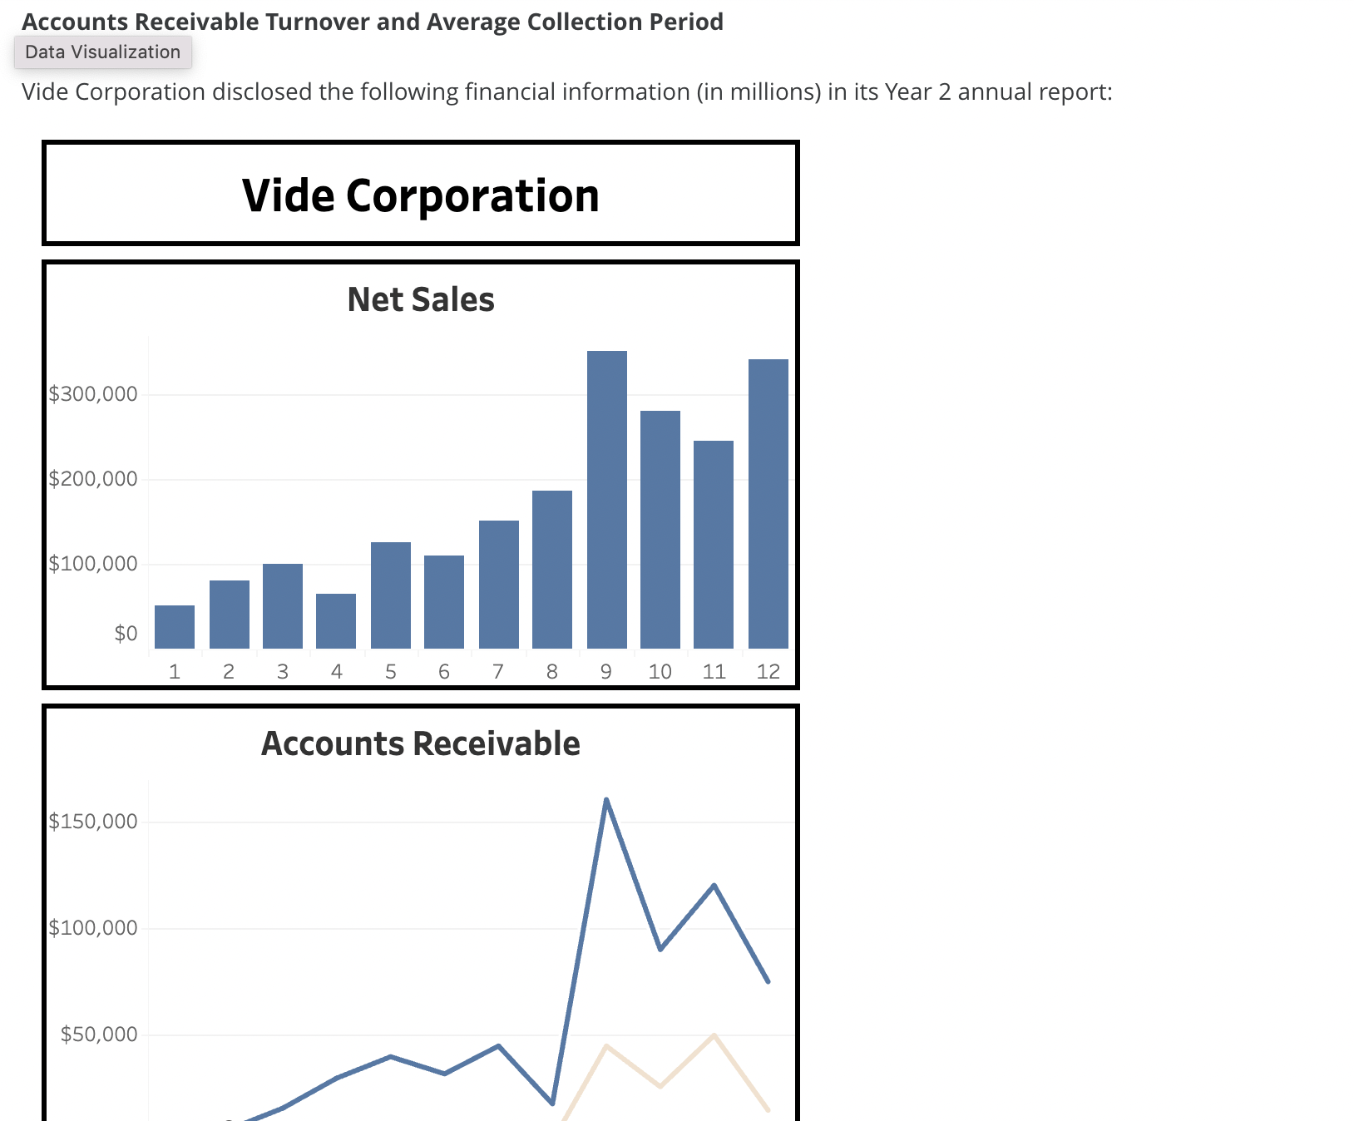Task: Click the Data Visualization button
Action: point(102,52)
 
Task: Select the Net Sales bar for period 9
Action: point(606,499)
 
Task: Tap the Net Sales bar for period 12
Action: point(768,503)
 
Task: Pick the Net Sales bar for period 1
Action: point(175,627)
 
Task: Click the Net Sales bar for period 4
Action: point(336,621)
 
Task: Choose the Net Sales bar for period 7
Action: point(498,585)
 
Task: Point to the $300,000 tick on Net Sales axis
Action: point(93,394)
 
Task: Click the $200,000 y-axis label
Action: point(93,479)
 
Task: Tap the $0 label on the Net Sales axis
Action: point(126,634)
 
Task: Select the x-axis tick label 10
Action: point(660,672)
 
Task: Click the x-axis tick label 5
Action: point(390,672)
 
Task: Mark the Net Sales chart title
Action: point(421,299)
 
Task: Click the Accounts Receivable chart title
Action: point(421,743)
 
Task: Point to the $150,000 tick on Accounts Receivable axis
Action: point(93,822)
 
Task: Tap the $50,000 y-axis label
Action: point(99,1035)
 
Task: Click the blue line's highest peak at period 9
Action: point(606,800)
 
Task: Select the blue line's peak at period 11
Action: point(714,886)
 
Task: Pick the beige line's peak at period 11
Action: point(714,1035)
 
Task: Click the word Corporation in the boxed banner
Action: point(472,195)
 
